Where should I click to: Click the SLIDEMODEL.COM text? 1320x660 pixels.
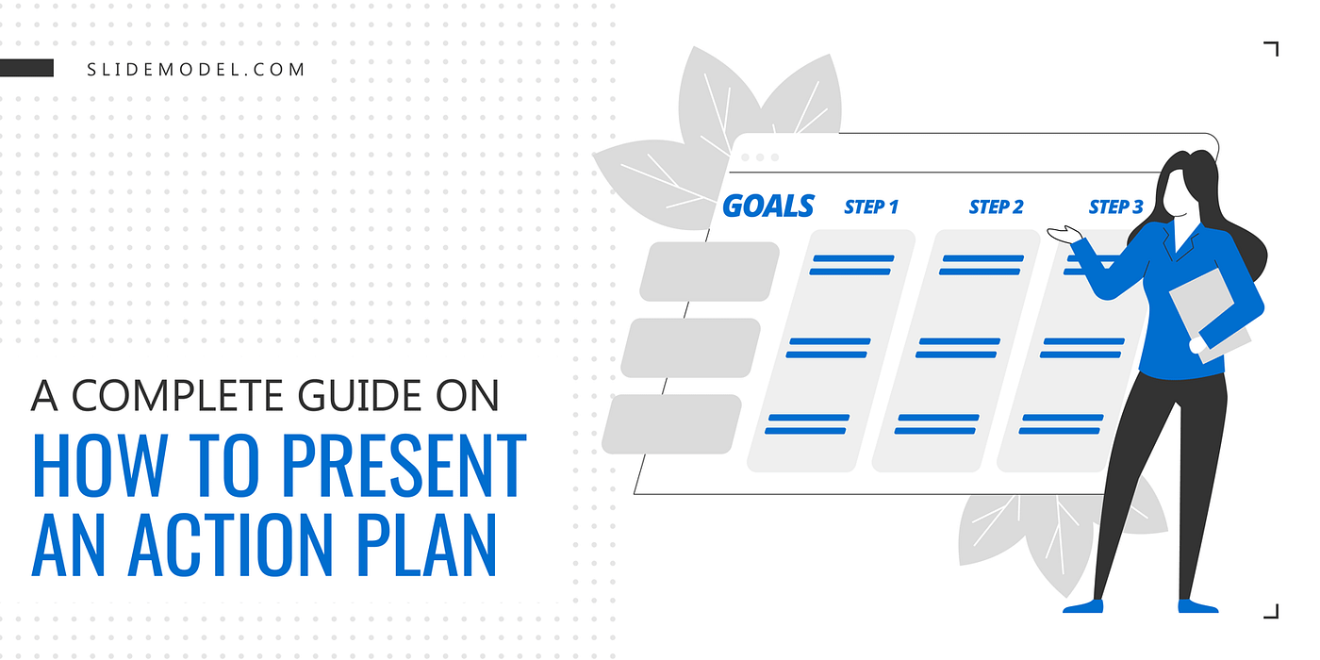[x=196, y=70]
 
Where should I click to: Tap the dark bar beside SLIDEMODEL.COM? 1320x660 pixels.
[x=26, y=68]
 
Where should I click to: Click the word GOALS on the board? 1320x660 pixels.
[x=767, y=206]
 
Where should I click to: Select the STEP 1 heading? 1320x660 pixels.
[x=871, y=206]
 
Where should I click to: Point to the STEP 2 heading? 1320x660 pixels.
[x=996, y=206]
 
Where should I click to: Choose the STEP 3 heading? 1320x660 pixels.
[x=1115, y=206]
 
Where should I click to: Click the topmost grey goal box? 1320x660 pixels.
[x=709, y=272]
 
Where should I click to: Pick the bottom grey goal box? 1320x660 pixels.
[x=671, y=423]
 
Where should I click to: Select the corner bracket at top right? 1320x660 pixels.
[x=1272, y=49]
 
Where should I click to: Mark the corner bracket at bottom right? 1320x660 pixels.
[x=1272, y=610]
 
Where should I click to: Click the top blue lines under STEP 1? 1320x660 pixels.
[x=851, y=265]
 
